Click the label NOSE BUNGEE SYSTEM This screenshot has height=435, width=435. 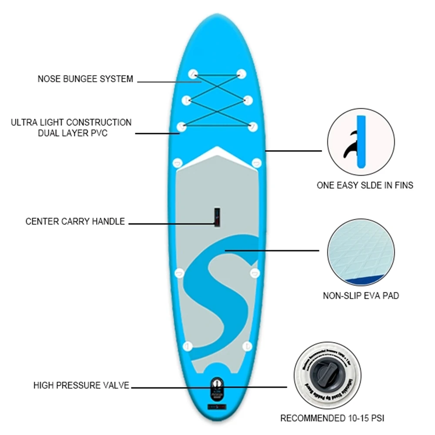[x=85, y=79]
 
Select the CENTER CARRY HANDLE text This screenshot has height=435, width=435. [x=75, y=221]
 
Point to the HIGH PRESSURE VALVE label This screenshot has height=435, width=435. [x=81, y=385]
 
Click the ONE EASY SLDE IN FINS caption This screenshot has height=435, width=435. [x=365, y=185]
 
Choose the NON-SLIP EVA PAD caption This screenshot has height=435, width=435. [x=361, y=296]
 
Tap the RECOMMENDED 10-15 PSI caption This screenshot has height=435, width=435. [x=332, y=419]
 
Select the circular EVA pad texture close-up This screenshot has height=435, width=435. [x=361, y=254]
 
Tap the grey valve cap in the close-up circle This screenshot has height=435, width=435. [x=327, y=375]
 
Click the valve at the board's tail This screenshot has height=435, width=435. [x=216, y=385]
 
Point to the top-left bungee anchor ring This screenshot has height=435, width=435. [x=193, y=74]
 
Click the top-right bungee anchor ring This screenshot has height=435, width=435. [x=241, y=74]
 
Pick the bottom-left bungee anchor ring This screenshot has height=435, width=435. [x=182, y=127]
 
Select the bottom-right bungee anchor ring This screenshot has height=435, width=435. [x=253, y=127]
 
